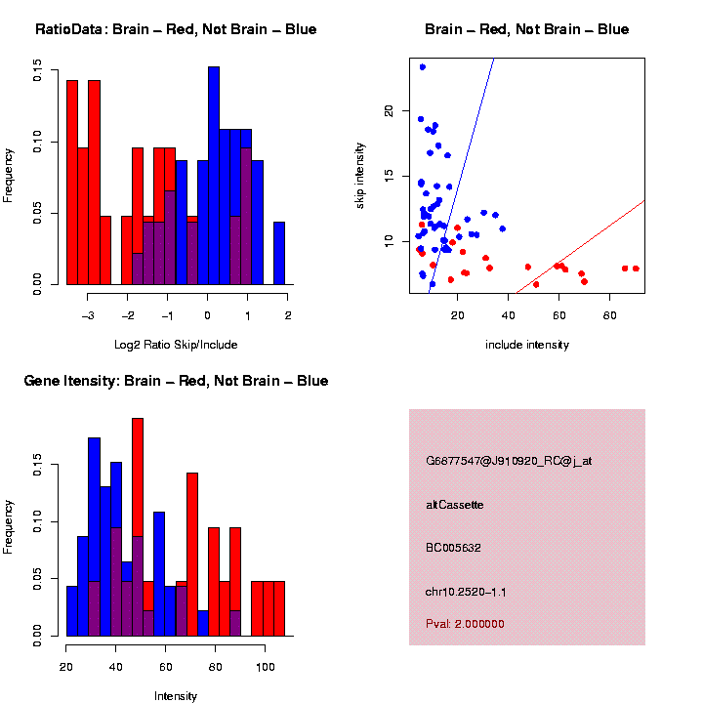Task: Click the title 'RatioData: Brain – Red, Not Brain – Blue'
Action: (176, 29)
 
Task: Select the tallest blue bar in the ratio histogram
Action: (214, 176)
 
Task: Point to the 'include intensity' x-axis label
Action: (526, 345)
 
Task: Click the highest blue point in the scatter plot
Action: (422, 67)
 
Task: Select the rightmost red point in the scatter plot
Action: (636, 269)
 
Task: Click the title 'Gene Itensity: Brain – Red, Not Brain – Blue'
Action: (176, 381)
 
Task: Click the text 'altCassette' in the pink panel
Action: (454, 505)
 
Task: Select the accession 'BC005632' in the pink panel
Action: (454, 548)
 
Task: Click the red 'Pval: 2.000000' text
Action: (465, 624)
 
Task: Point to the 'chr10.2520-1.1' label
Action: (466, 592)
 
